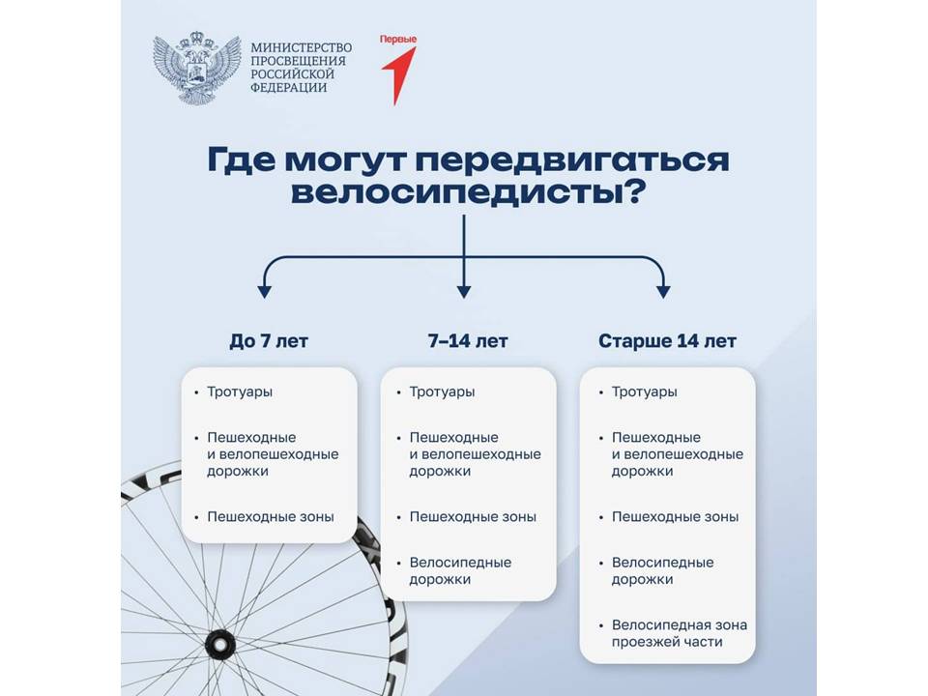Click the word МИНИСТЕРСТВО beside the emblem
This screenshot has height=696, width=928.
pyautogui.click(x=302, y=47)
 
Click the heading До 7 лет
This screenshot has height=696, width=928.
pyautogui.click(x=269, y=341)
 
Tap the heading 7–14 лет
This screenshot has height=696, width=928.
pyautogui.click(x=468, y=341)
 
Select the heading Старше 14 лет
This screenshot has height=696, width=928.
pyautogui.click(x=667, y=341)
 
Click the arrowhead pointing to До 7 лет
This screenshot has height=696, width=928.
pyautogui.click(x=265, y=292)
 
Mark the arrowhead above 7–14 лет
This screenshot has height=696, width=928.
pyautogui.click(x=464, y=292)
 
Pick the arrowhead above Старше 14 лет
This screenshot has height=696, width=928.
pyautogui.click(x=663, y=292)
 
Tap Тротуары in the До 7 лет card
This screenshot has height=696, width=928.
pyautogui.click(x=240, y=392)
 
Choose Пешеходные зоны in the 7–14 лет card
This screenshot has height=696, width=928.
pyautogui.click(x=473, y=517)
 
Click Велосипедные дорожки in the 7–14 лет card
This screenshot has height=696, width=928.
pyautogui.click(x=460, y=571)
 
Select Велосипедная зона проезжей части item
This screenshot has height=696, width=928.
pyautogui.click(x=680, y=633)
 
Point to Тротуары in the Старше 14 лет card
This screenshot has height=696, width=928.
pyautogui.click(x=645, y=392)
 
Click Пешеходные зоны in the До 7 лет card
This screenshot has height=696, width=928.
pyautogui.click(x=271, y=517)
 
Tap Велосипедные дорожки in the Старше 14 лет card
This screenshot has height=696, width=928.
pyautogui.click(x=663, y=571)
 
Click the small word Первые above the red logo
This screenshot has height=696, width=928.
pyautogui.click(x=398, y=39)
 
